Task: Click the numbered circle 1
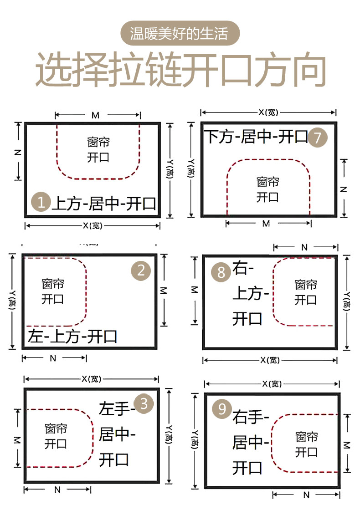coord(41,202)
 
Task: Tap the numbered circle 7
coord(318,137)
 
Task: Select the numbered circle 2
coord(141,271)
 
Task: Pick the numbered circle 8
coord(221,272)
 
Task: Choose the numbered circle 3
coord(144,404)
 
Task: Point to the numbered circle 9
coord(222,409)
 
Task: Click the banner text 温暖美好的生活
coord(180,33)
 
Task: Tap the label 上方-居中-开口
coord(104,203)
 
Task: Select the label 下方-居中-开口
coord(257,137)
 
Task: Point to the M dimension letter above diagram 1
coord(95,115)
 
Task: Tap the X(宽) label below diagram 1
coord(92,225)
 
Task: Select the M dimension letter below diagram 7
coord(267,224)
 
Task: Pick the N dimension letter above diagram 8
coord(304,247)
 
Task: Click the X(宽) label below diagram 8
coord(270,360)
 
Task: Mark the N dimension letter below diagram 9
coord(306,495)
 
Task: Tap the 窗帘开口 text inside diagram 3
coord(56,436)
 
